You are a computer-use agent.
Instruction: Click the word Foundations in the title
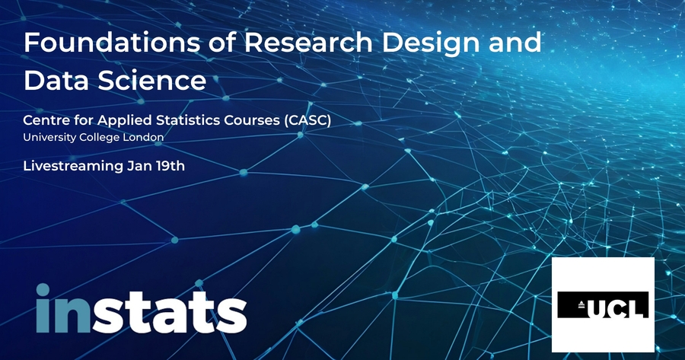112,43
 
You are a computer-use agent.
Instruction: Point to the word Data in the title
56,80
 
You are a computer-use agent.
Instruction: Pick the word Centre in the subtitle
43,120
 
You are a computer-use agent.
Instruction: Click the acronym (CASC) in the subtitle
307,120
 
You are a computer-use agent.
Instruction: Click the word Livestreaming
73,167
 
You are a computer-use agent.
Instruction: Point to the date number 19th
170,166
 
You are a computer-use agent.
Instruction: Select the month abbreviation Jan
140,166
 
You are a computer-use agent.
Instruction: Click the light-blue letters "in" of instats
63,308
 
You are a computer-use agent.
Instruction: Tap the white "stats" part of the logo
170,311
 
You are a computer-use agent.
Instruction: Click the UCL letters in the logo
616,305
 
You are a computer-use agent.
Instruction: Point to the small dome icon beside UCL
581,305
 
